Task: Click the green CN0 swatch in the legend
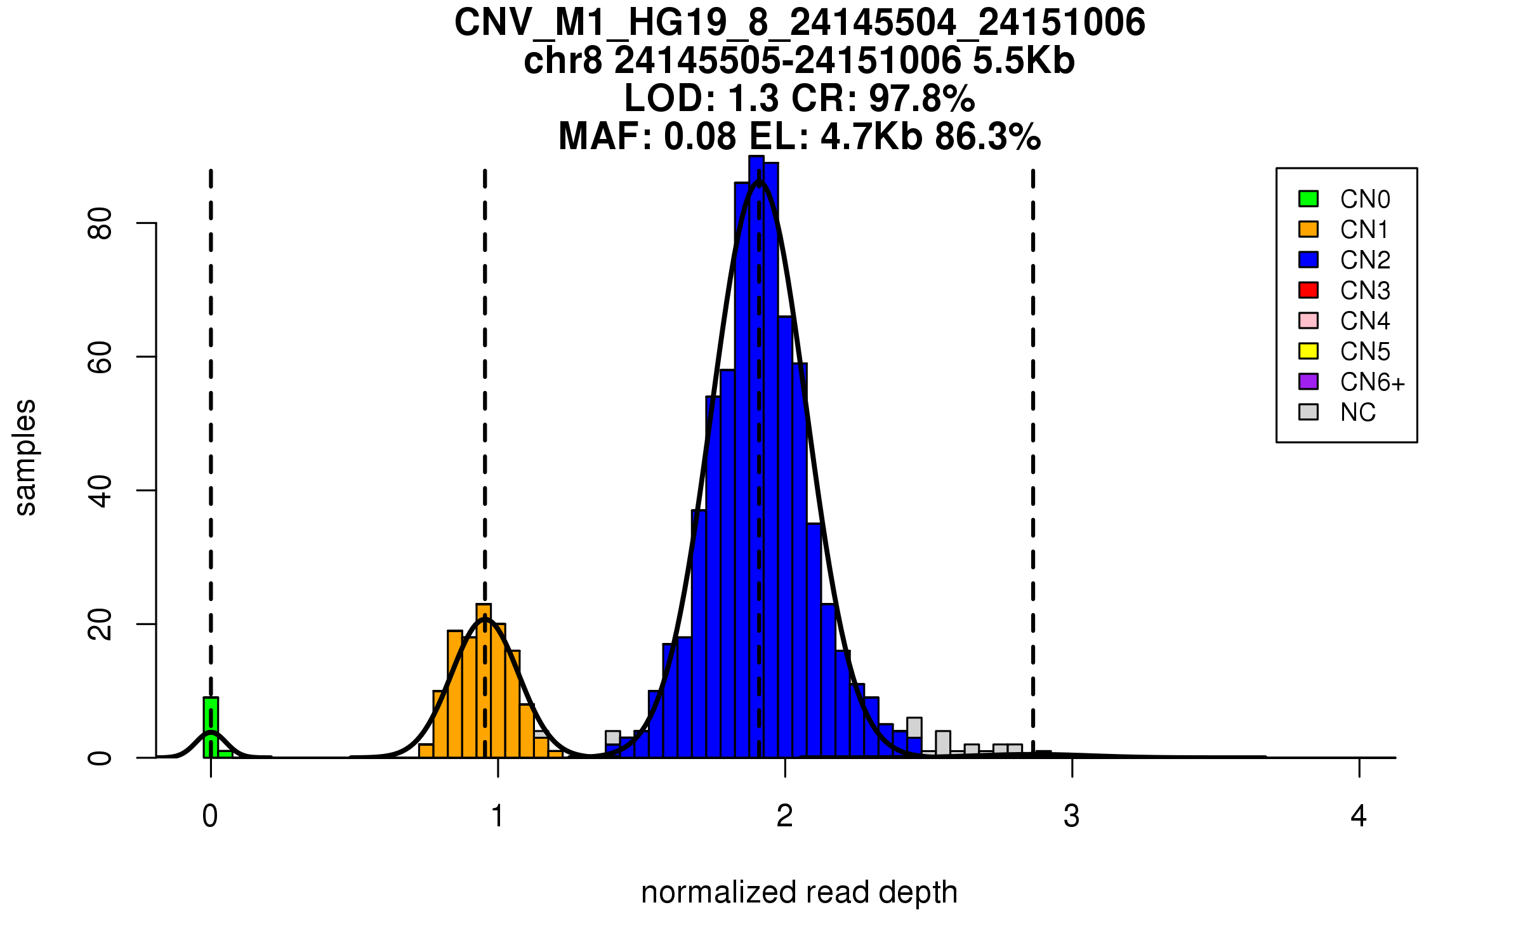(1309, 199)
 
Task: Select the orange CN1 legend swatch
(1309, 229)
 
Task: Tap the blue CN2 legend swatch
(1309, 260)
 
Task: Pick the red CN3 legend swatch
(1309, 290)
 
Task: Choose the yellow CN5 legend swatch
(1309, 351)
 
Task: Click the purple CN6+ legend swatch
(1309, 381)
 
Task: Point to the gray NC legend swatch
(1309, 412)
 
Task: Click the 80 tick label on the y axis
(100, 223)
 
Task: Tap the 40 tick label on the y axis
(100, 491)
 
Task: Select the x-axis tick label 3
(1072, 816)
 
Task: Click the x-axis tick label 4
(1359, 816)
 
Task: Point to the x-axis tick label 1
(498, 816)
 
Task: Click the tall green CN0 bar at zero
(211, 727)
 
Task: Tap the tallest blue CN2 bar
(756, 457)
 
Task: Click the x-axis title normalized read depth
(799, 892)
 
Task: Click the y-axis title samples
(25, 457)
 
